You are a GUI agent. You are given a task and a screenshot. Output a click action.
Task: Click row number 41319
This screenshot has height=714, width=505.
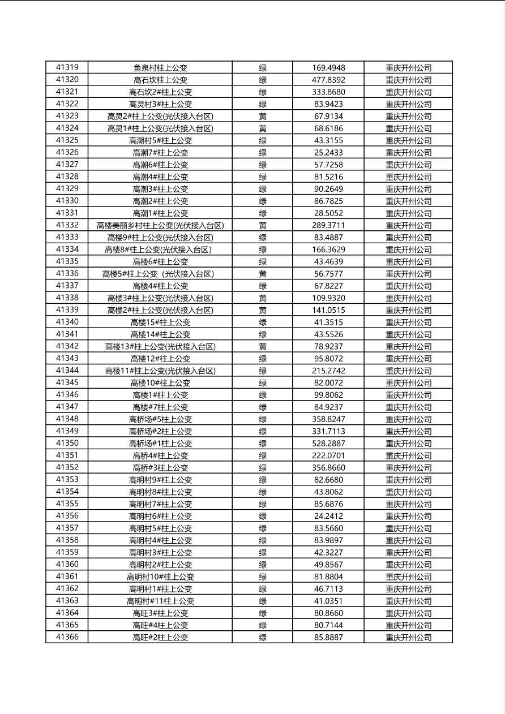pyautogui.click(x=67, y=67)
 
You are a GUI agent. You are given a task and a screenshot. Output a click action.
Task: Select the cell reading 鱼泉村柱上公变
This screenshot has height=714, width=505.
pyautogui.click(x=160, y=67)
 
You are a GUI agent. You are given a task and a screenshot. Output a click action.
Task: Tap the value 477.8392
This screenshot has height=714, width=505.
pyautogui.click(x=328, y=80)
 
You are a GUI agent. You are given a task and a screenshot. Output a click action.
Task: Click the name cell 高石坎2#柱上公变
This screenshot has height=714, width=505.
pyautogui.click(x=160, y=92)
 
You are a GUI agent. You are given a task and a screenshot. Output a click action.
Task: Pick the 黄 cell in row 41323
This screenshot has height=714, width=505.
pyautogui.click(x=263, y=116)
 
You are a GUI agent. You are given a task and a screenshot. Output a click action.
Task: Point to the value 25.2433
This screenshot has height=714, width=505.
pyautogui.click(x=328, y=152)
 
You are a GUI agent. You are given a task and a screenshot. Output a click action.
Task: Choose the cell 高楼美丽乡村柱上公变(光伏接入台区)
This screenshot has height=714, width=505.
pyautogui.click(x=160, y=225)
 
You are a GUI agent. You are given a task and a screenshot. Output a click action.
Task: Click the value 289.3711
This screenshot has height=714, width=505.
pyautogui.click(x=328, y=225)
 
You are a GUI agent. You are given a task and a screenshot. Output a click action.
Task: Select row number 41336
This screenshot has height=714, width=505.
pyautogui.click(x=67, y=273)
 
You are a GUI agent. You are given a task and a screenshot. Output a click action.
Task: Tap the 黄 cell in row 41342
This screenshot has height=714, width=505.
pyautogui.click(x=263, y=346)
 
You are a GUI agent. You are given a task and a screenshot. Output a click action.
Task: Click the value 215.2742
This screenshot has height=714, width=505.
pyautogui.click(x=328, y=371)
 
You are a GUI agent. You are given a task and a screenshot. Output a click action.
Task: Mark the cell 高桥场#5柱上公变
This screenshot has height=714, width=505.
pyautogui.click(x=160, y=419)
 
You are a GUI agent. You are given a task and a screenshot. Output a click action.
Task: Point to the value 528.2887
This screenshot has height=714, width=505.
pyautogui.click(x=328, y=443)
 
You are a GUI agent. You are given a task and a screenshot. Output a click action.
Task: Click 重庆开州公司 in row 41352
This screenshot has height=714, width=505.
pyautogui.click(x=408, y=467)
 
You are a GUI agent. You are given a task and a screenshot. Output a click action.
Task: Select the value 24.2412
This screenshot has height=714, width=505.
pyautogui.click(x=328, y=516)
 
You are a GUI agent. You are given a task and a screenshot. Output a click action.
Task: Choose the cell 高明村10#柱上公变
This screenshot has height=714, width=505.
pyautogui.click(x=160, y=577)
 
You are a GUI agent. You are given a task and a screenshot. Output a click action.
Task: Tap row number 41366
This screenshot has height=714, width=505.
pyautogui.click(x=67, y=637)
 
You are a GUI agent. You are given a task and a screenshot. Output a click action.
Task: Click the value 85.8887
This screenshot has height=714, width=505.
pyautogui.click(x=328, y=637)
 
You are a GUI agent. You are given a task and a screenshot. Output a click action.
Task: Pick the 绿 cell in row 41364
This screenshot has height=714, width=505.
pyautogui.click(x=263, y=613)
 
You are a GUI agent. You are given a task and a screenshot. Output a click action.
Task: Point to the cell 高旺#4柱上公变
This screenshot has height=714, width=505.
pyautogui.click(x=160, y=625)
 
